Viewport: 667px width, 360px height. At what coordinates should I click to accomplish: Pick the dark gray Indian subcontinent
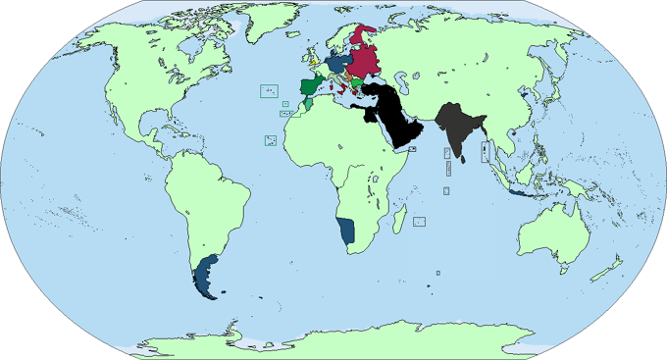[454, 123]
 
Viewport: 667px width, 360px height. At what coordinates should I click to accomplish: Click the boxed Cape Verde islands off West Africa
[268, 141]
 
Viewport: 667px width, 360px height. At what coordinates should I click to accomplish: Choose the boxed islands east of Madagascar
[419, 222]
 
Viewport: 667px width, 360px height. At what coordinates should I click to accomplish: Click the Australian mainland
[554, 235]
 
